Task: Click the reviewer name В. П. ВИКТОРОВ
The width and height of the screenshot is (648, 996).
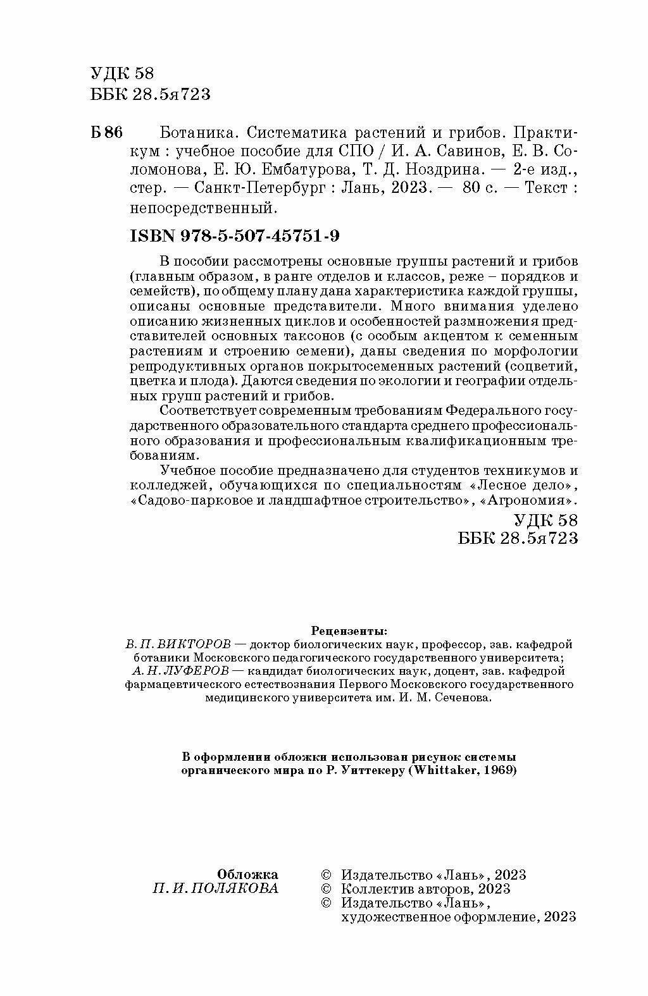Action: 178,644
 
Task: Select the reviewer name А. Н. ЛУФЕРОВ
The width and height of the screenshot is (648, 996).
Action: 179,671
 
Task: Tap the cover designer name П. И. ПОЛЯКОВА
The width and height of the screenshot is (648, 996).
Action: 215,888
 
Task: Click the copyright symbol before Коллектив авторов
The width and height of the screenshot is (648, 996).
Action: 327,889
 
